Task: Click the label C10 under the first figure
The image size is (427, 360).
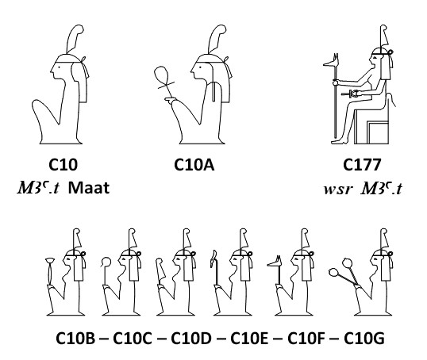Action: click(63, 165)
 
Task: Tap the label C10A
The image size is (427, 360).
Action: click(194, 165)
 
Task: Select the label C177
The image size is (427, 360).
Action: click(362, 165)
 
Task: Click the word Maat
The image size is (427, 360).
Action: click(89, 188)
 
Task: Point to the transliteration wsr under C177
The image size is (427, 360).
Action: click(338, 189)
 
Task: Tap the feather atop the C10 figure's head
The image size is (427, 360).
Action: click(75, 39)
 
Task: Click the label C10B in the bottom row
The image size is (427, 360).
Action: click(75, 339)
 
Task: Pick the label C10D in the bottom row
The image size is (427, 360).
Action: click(191, 339)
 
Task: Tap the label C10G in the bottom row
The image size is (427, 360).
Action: click(364, 339)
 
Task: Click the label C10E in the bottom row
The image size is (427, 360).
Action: click(249, 339)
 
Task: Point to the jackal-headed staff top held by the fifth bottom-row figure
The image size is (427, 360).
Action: click(275, 262)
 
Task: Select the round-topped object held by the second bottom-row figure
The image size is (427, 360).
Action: click(106, 262)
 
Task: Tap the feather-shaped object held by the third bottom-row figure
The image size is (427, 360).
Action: click(160, 270)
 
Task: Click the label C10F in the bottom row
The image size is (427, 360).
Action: click(306, 339)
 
